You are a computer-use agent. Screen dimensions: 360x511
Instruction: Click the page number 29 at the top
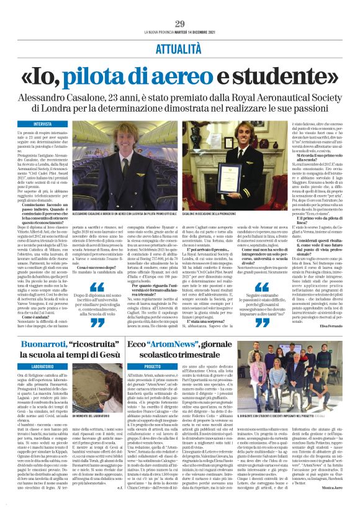pos(180,24)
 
